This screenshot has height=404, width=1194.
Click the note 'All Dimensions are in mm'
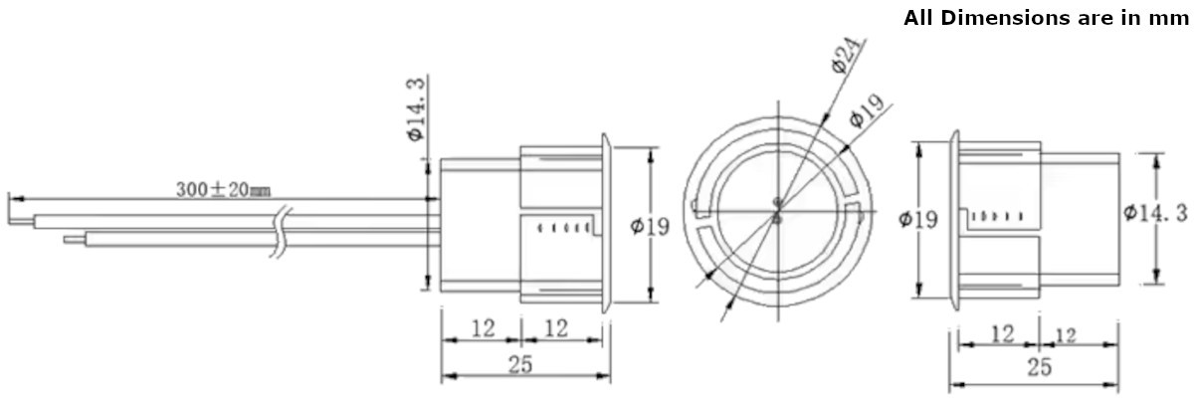(x=1047, y=18)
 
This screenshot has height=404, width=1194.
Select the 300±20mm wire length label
(x=223, y=188)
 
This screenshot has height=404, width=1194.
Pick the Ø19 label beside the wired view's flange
(x=650, y=227)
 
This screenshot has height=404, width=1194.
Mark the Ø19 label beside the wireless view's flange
(x=918, y=219)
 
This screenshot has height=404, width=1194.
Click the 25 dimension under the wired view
(x=520, y=364)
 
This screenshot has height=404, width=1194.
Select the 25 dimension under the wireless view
(x=1038, y=368)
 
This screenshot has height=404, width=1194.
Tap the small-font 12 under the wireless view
(x=1065, y=335)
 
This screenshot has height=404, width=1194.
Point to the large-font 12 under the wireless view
(x=1002, y=333)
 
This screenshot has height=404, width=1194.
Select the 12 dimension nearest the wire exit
(x=483, y=328)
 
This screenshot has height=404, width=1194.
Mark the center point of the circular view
(x=776, y=211)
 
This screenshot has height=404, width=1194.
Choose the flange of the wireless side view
(x=953, y=218)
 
